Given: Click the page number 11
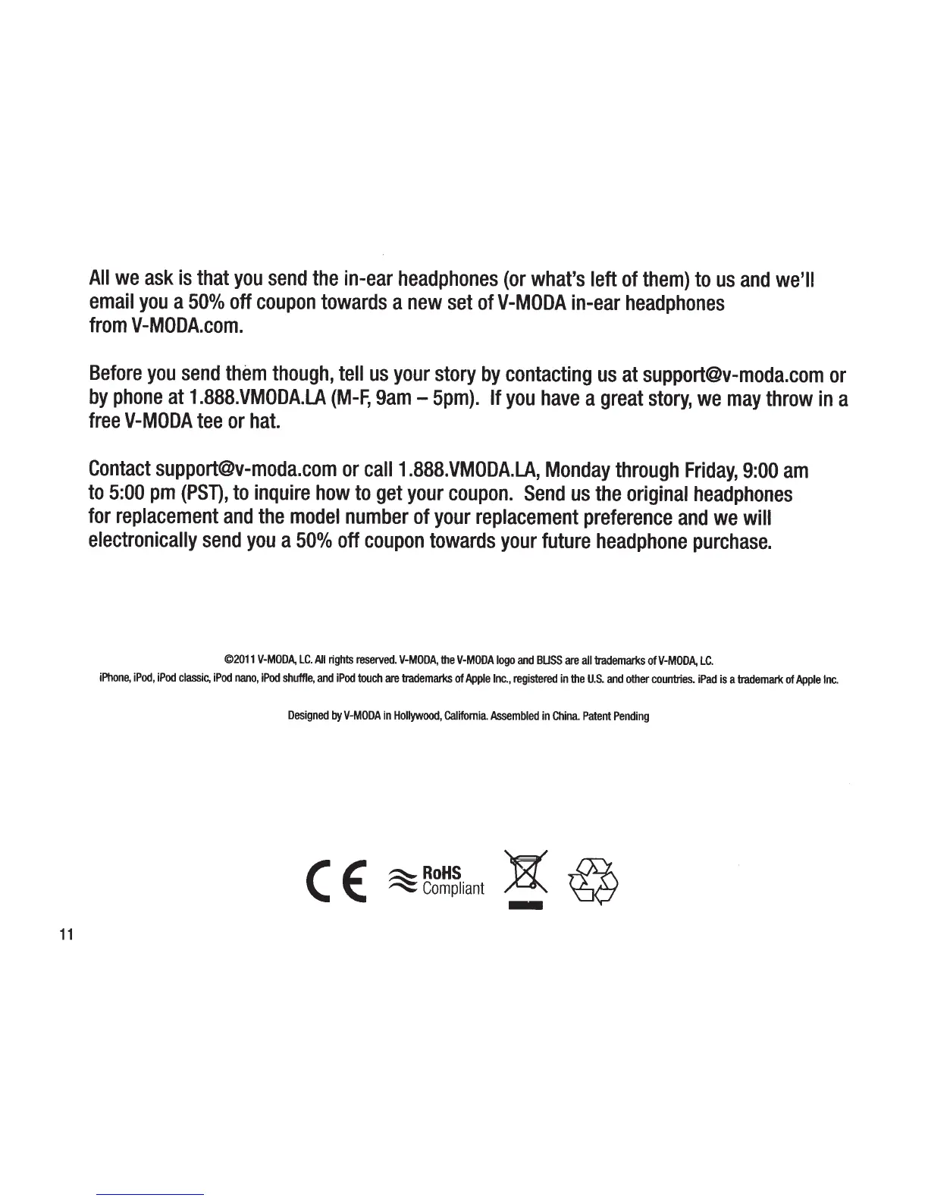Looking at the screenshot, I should point(65,935).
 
